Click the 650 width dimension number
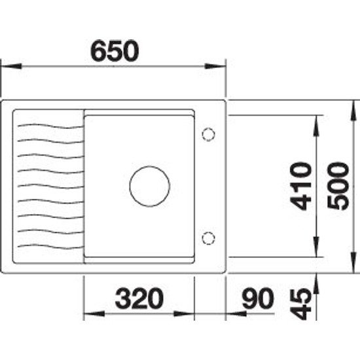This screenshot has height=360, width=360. [115, 51]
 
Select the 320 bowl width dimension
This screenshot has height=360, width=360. [139, 298]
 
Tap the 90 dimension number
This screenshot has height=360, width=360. [258, 298]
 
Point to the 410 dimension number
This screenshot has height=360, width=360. [301, 186]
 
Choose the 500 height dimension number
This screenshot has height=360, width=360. [338, 186]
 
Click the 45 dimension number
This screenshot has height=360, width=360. [301, 304]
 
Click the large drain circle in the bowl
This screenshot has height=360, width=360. [150, 186]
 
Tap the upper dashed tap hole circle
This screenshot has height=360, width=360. [208, 135]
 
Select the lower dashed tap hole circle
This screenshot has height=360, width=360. [208, 238]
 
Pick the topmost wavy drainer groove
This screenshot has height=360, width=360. [50, 126]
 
